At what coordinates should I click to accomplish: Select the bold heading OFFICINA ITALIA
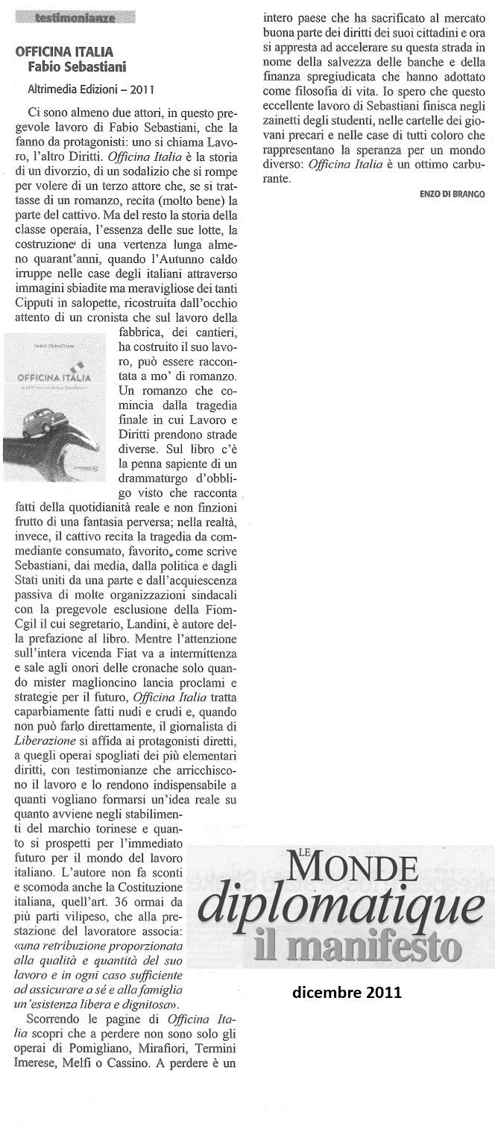[64, 52]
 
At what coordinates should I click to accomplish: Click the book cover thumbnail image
[58, 407]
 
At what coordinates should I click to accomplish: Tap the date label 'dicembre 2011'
[347, 992]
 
